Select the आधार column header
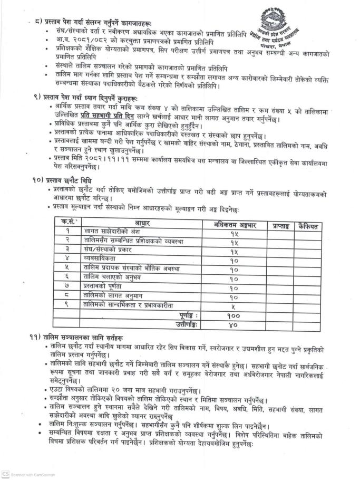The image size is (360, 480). pyautogui.click(x=142, y=223)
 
